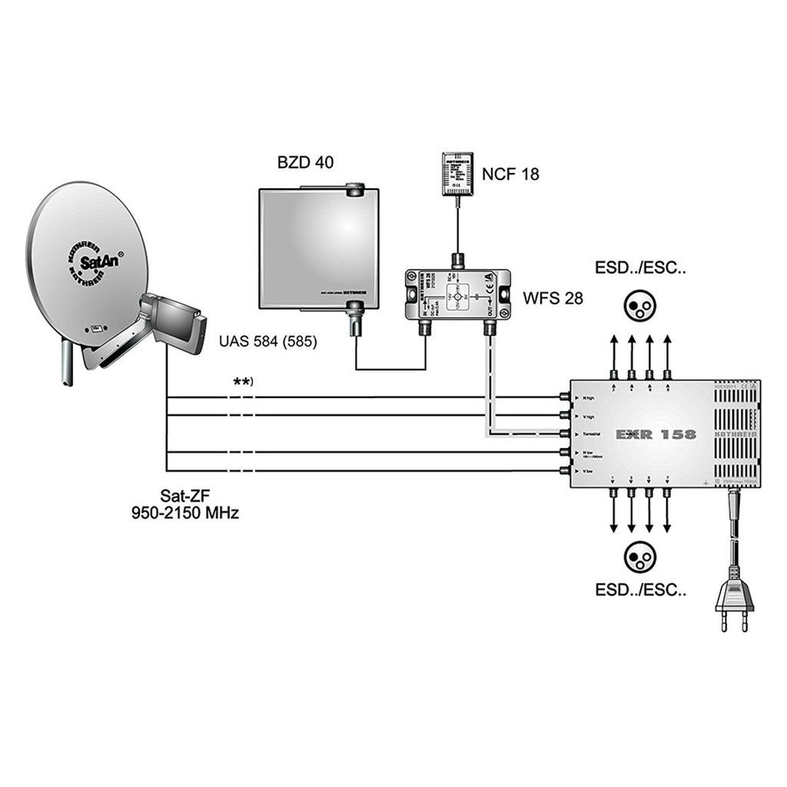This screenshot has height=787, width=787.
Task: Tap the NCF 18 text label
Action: [x=510, y=174]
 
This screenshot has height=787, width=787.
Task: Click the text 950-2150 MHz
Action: [x=184, y=513]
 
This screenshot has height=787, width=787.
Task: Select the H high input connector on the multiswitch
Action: [x=566, y=397]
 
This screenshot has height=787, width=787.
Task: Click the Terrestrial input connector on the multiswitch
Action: [x=566, y=434]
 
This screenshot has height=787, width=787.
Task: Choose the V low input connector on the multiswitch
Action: [x=566, y=470]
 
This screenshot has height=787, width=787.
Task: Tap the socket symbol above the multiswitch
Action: [x=639, y=307]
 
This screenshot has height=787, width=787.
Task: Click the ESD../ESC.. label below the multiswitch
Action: [x=640, y=590]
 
